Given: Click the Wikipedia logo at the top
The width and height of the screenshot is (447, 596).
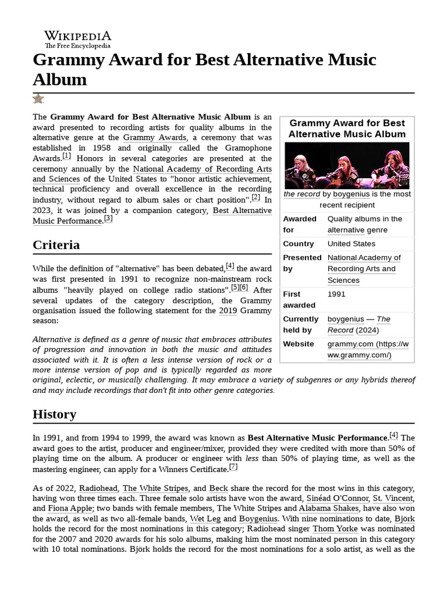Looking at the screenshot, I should [x=77, y=38].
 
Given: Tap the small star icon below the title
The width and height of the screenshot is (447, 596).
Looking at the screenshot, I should [x=38, y=99].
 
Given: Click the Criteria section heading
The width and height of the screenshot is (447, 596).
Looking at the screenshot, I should [x=56, y=244].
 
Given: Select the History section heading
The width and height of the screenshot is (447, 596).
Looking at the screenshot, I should [x=54, y=414].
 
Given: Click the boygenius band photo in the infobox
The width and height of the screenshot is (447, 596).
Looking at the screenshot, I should [x=346, y=165].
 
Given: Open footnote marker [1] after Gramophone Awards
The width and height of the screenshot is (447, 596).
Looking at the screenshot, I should [x=66, y=157].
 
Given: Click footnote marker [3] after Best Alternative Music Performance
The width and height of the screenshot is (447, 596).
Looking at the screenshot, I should [x=108, y=219].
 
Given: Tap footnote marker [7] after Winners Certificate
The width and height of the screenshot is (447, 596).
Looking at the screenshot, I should [x=233, y=467].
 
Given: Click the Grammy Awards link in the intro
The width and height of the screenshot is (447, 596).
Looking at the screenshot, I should [x=155, y=138].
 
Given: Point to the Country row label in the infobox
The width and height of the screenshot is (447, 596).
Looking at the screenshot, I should [x=298, y=244].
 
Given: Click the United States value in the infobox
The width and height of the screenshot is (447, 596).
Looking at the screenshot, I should [x=351, y=244].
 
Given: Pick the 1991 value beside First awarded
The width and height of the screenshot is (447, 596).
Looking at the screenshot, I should [x=336, y=294].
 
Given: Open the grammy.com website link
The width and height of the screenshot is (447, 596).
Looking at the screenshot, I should [x=368, y=349].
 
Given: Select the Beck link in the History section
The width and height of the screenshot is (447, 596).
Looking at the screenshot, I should [x=219, y=488].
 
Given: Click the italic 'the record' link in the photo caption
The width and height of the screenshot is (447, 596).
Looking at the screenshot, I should [x=301, y=194].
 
